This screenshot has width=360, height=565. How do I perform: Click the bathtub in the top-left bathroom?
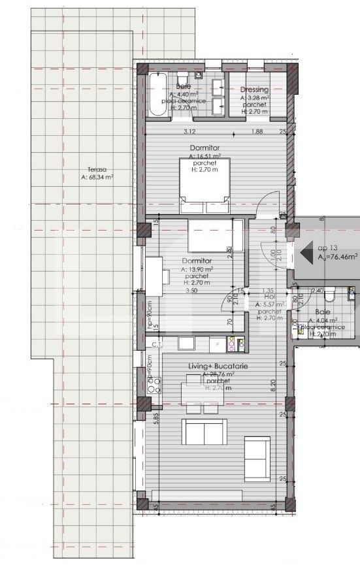pyautogui.click(x=158, y=96)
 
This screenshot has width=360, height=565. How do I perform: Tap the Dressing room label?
pyautogui.click(x=255, y=90)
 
